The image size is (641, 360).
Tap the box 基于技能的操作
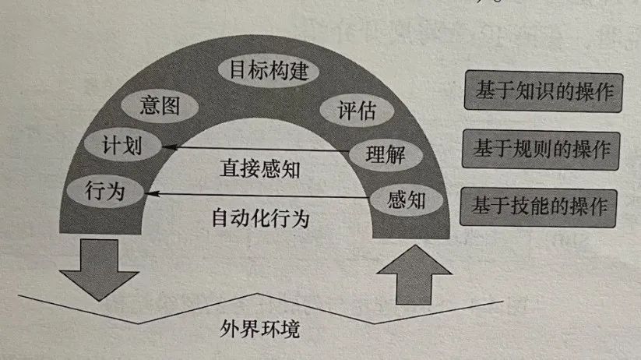coord(539,206)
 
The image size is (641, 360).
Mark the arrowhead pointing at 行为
coord(151,193)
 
